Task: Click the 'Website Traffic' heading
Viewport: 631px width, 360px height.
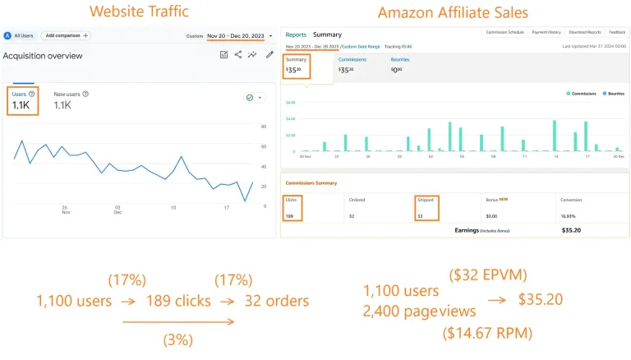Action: pos(138,12)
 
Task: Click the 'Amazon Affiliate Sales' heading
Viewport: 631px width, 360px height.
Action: pos(454,12)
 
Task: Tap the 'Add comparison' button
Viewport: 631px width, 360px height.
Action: pos(67,36)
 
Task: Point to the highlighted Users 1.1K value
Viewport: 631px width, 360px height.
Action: pos(21,105)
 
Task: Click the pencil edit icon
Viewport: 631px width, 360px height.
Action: pos(269,55)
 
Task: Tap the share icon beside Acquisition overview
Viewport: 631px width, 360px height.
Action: pos(238,55)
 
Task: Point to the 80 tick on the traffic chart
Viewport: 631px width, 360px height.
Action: pos(263,127)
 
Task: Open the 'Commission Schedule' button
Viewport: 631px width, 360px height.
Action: pos(504,33)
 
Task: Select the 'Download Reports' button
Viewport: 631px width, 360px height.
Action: pos(583,33)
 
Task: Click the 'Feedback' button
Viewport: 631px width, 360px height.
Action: pos(617,33)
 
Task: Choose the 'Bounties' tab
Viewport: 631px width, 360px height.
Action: pos(401,60)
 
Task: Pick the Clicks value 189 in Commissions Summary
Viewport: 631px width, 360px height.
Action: pos(289,216)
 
